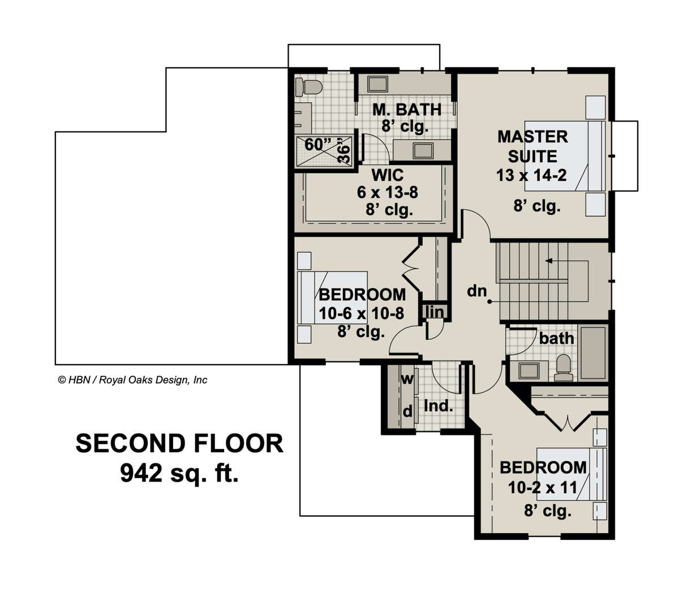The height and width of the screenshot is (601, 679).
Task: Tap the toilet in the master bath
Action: tap(308, 87)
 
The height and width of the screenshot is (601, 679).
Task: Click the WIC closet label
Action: tap(388, 175)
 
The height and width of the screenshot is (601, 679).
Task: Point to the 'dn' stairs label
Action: tap(476, 291)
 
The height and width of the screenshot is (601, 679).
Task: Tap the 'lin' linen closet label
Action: tap(435, 312)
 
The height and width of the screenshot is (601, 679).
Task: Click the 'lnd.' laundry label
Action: tap(439, 406)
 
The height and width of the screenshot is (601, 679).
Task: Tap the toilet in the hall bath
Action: tap(563, 367)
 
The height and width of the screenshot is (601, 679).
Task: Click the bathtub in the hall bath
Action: tap(593, 353)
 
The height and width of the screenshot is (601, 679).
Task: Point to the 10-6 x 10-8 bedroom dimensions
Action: tap(361, 313)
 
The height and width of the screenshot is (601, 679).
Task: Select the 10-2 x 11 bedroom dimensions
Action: tap(542, 487)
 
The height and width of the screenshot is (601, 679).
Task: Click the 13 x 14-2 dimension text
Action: tap(531, 175)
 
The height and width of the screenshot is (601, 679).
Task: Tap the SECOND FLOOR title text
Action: tap(179, 443)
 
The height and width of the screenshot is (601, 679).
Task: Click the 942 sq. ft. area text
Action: tap(179, 473)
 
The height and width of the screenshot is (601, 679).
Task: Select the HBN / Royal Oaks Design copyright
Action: tap(133, 380)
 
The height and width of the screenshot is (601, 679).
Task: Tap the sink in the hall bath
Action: tap(528, 371)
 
